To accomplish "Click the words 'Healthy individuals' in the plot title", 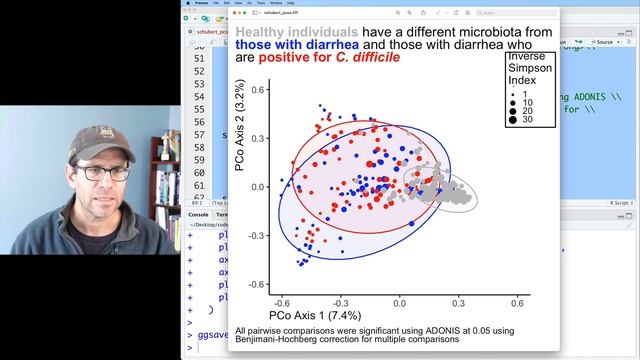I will point(290,34).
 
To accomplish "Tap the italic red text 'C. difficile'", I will point(366,58).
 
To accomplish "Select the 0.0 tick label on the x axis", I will point(399,301).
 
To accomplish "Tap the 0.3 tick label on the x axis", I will point(458,301).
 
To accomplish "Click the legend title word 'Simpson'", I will point(527,70).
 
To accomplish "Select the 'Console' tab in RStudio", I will point(199,214).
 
